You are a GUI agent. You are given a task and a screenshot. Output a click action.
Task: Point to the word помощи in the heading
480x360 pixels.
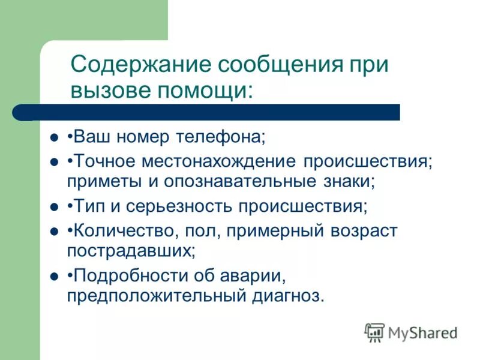(201, 91)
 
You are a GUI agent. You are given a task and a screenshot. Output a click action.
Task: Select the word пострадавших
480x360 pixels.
(131, 250)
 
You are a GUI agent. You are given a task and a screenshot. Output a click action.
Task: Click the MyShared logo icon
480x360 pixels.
(374, 332)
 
